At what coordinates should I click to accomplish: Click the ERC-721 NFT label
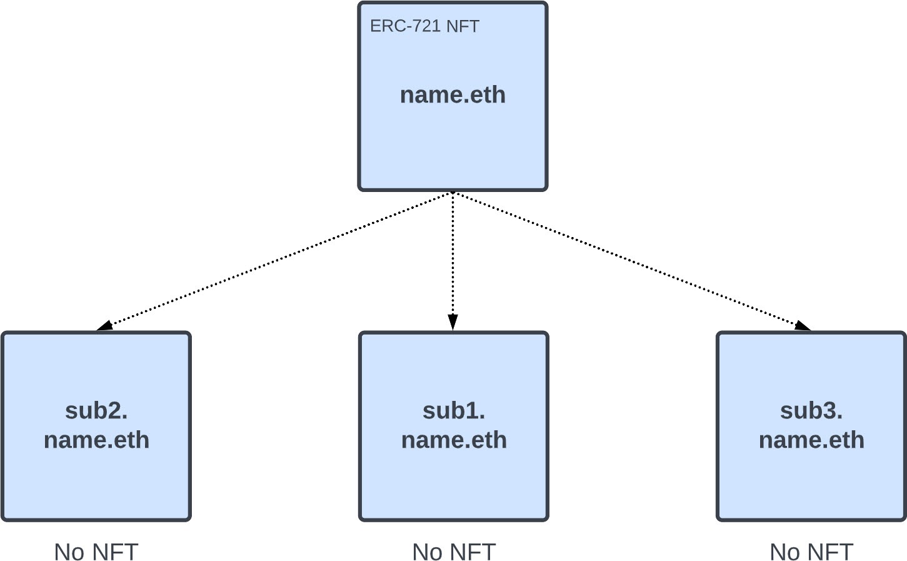coord(424,26)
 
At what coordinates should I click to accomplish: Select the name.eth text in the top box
coord(453,95)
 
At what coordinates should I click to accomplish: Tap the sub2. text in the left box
coord(96,411)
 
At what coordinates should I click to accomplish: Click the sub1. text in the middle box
coord(454,411)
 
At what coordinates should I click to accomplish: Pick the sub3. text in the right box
coord(811,411)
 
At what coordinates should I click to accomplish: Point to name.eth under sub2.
coord(96,440)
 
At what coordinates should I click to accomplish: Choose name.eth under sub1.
coord(454,440)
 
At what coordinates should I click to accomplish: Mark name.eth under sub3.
coord(811,440)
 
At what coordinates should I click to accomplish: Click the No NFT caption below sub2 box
coord(96,552)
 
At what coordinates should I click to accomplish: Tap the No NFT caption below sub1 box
coord(454,552)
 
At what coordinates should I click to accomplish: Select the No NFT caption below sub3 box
coord(811,552)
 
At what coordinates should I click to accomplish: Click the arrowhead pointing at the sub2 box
coord(104,325)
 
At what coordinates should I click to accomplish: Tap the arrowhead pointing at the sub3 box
coord(803,325)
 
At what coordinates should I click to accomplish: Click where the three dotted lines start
coord(453,193)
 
